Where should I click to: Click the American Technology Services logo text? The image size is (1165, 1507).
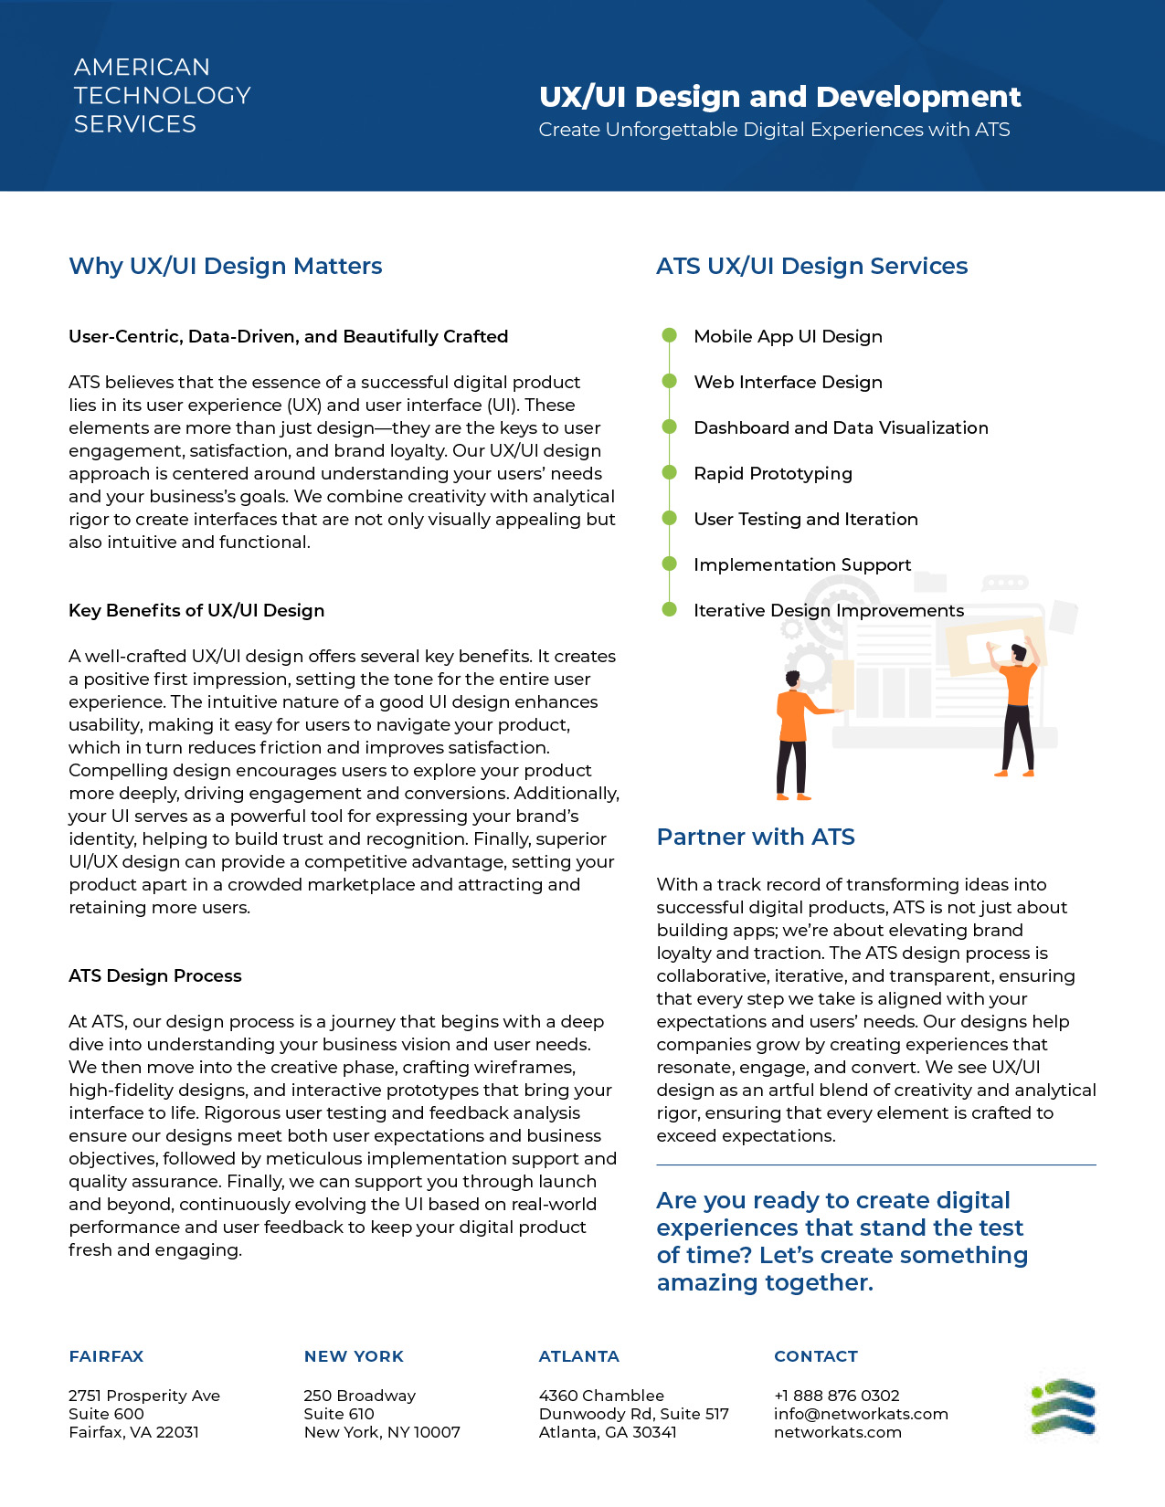tap(162, 96)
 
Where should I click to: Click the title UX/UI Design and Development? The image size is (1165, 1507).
tap(779, 97)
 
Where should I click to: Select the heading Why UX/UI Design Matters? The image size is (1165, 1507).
tap(226, 266)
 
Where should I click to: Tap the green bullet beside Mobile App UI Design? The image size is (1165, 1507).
tap(669, 335)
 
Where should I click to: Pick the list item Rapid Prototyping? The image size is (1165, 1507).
tap(772, 473)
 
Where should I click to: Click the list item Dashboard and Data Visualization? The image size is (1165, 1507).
tap(841, 427)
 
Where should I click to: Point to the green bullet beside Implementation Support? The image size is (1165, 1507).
tap(669, 564)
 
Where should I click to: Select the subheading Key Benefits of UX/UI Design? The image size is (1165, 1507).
tap(196, 610)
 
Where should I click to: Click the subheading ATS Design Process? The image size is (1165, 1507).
tap(155, 975)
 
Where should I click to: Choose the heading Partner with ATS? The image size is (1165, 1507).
tap(756, 837)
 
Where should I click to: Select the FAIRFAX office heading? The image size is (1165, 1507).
tap(106, 1356)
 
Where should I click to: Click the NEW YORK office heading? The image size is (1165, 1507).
tap(354, 1356)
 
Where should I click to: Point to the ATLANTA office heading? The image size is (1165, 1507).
tap(578, 1356)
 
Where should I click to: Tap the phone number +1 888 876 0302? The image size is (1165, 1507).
tap(836, 1396)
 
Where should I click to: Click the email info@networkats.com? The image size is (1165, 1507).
tap(861, 1414)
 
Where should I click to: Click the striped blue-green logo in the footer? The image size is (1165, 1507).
tap(1064, 1407)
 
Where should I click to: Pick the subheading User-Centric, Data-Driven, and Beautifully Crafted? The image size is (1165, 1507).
tap(288, 336)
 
